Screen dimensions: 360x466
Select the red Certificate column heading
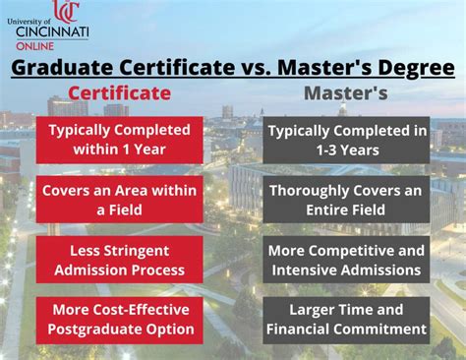click(119, 92)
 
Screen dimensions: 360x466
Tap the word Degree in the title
click(415, 67)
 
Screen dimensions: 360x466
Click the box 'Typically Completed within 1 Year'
click(119, 141)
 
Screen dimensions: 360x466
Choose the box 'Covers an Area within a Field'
click(119, 200)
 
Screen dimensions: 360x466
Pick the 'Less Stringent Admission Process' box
click(119, 261)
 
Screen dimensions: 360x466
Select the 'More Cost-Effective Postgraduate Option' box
click(119, 320)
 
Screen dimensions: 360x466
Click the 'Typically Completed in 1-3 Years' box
click(347, 141)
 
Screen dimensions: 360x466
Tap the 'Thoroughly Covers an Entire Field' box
click(347, 200)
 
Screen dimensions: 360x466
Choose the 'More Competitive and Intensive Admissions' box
click(347, 261)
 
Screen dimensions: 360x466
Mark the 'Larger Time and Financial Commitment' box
click(347, 320)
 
